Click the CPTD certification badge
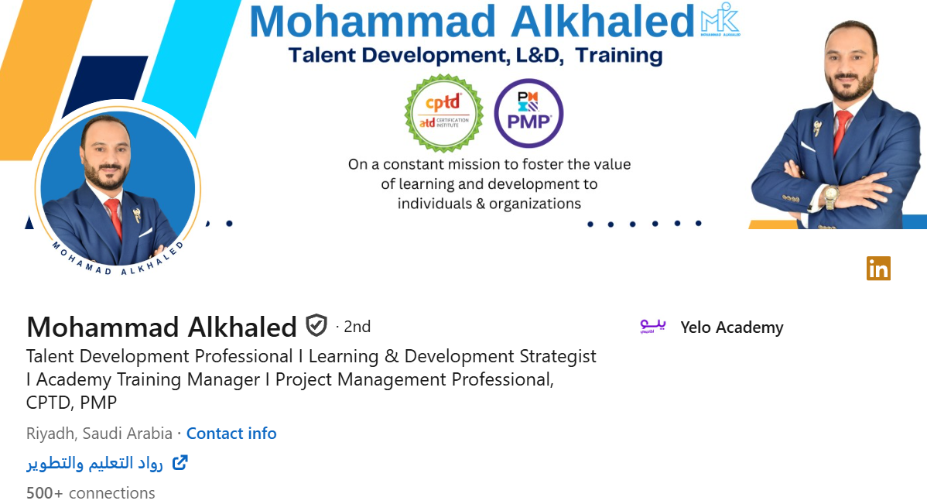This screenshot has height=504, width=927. click(443, 114)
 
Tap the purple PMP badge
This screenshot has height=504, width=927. click(528, 113)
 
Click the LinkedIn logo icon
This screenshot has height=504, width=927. click(878, 268)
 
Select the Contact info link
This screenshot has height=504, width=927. click(231, 434)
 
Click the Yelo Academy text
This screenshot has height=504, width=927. click(731, 327)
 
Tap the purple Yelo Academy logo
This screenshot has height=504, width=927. click(652, 327)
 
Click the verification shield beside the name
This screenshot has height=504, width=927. click(316, 326)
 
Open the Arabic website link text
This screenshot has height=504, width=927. click(94, 463)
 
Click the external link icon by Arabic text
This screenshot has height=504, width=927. click(180, 463)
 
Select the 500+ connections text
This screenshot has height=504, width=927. click(91, 493)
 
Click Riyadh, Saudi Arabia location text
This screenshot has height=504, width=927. click(99, 434)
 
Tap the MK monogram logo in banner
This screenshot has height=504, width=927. click(720, 22)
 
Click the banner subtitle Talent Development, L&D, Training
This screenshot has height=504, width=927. click(474, 56)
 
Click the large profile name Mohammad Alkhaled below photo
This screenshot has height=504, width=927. click(161, 327)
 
